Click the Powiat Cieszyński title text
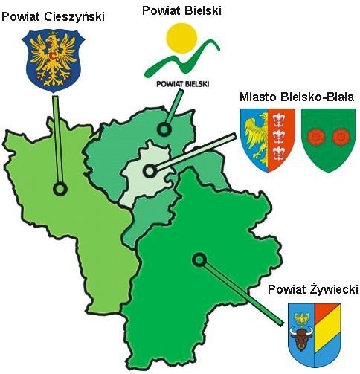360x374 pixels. [53, 16]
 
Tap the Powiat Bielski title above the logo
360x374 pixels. [183, 10]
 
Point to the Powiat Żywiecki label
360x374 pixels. [313, 288]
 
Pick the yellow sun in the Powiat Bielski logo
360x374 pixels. [183, 38]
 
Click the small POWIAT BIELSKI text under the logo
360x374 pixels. [182, 83]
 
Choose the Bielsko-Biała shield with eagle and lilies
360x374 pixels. [269, 139]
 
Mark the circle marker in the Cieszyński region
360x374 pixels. [60, 189]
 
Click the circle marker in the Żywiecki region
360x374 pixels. [198, 259]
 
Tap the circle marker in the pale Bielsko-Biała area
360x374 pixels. [149, 171]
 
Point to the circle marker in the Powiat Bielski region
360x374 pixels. [163, 129]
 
